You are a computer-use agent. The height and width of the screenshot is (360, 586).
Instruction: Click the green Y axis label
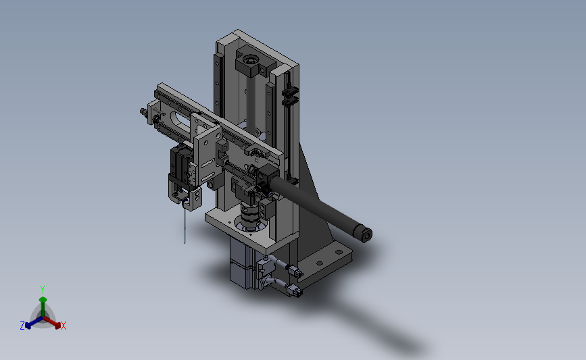42,289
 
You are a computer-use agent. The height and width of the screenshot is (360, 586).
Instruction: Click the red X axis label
64,326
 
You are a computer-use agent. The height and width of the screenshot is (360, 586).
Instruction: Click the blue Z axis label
22,326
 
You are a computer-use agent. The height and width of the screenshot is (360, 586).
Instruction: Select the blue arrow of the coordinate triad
31,323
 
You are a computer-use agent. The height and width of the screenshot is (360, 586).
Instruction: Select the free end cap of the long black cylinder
365,235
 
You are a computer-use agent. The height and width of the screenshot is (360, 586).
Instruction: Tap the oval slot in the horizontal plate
181,122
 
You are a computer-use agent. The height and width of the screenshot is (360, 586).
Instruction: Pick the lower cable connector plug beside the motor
294,291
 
